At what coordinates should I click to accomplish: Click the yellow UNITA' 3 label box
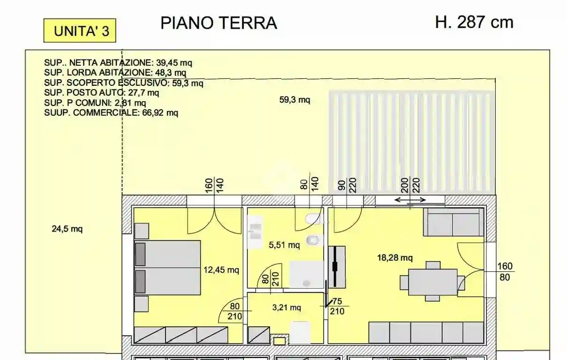coord(79,30)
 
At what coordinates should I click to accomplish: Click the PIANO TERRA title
coord(219,22)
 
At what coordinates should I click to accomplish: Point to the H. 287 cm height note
coord(474,22)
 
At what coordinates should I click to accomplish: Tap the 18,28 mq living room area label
coord(395,257)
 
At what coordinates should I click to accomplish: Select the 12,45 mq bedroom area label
coord(221,270)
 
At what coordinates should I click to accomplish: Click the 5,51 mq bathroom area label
coord(284,245)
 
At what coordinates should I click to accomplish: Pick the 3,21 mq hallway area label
coord(286,307)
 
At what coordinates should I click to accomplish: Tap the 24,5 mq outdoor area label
coord(67,229)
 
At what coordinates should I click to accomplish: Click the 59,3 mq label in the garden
coord(295,99)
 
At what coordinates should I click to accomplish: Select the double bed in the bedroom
coord(167,267)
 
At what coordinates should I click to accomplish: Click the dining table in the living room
coord(432,282)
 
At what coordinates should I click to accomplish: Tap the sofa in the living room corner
coord(453,222)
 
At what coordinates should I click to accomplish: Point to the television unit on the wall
coord(336,266)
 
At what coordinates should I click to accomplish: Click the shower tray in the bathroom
coord(306,274)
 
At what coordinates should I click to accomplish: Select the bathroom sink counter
coord(255,232)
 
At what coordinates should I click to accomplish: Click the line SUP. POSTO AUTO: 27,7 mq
coord(101,92)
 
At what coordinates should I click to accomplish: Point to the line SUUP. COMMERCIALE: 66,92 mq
coord(111,112)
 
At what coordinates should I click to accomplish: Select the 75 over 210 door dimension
coord(337,306)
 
